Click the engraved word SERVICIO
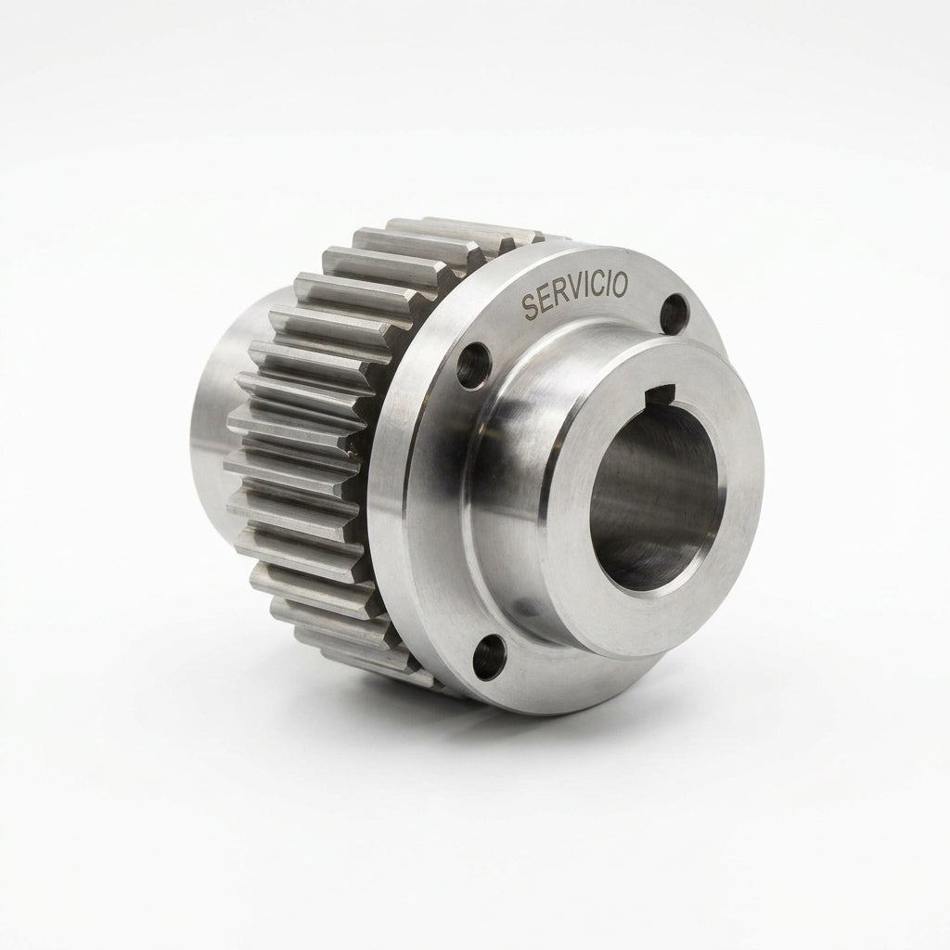[x=575, y=295]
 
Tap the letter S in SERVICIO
[x=530, y=307]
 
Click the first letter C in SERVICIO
[x=597, y=289]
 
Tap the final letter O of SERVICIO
[x=621, y=284]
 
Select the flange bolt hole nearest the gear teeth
[x=472, y=366]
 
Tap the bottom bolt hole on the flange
[x=488, y=657]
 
